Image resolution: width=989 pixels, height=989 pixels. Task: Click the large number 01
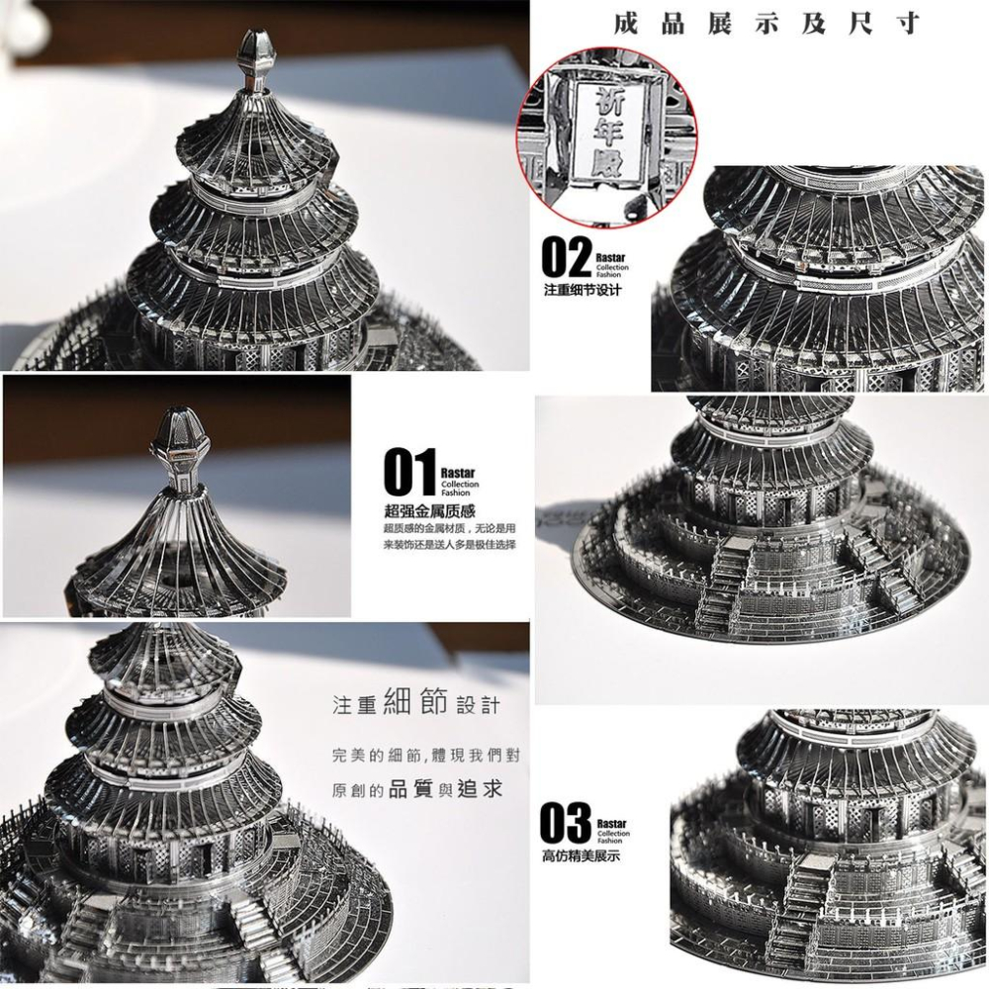pos(409,473)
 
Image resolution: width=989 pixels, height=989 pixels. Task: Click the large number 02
pos(566,257)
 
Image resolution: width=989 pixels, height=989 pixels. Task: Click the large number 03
pos(565,824)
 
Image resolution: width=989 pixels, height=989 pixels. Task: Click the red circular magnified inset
pos(606,137)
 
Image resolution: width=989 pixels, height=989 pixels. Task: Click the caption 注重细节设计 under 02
pos(583,291)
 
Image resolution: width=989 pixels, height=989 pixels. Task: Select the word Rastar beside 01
pos(459,473)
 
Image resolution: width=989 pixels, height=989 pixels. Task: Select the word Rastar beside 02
pos(611,257)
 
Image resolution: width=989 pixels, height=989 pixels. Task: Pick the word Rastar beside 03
pos(611,823)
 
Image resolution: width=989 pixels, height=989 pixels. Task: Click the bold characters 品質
pos(411,789)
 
